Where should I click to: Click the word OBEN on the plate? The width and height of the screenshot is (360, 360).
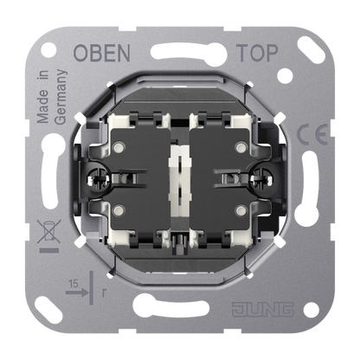tap(101, 53)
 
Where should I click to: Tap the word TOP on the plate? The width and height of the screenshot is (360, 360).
tap(257, 53)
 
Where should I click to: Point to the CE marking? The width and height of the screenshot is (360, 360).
tap(312, 134)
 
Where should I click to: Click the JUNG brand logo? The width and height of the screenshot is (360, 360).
tap(263, 309)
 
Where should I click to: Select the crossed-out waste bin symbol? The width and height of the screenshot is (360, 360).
tap(49, 231)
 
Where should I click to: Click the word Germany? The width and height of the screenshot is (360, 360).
tap(61, 97)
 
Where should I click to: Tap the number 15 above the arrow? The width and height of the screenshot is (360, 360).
tap(74, 284)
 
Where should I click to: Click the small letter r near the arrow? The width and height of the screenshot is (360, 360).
tap(104, 292)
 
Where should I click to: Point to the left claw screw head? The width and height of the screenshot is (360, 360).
tap(97, 179)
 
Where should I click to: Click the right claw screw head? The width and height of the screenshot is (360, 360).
tap(262, 179)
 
